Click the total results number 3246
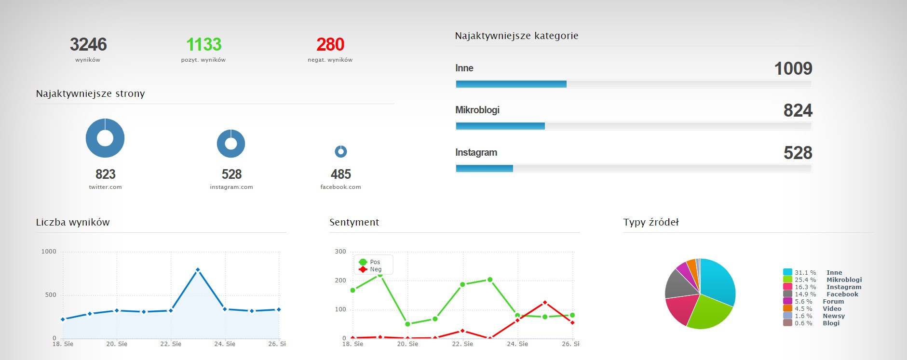pos(88,44)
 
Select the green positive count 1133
pos(203,44)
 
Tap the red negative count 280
pos(330,44)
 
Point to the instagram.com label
pos(231,187)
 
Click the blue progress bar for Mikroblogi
pos(500,126)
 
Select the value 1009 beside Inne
pos(793,68)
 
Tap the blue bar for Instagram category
pos(484,169)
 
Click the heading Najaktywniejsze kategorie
pos(516,36)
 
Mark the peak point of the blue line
pos(198,270)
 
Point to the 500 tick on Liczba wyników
pos(51,295)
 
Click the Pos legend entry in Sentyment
pos(375,262)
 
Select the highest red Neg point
pos(545,303)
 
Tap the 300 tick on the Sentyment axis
pos(340,252)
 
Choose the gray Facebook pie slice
pos(680,284)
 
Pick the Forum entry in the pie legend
pos(833,302)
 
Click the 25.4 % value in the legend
pos(805,280)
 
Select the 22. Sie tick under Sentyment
pos(462,344)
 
